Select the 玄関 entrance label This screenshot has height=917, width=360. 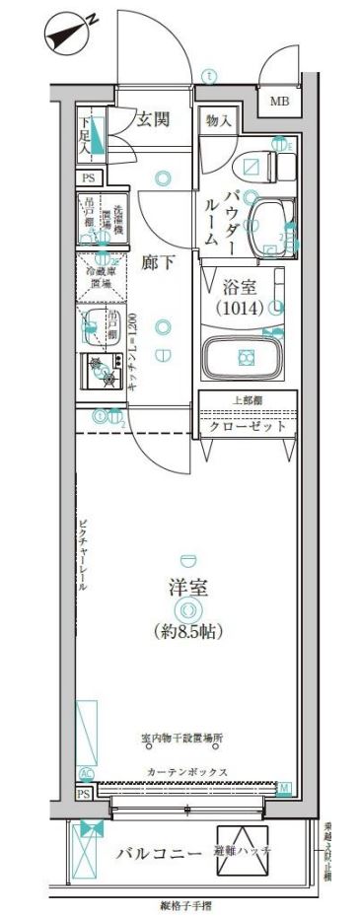(153, 119)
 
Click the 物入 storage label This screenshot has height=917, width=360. (219, 120)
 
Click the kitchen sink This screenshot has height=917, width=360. (98, 322)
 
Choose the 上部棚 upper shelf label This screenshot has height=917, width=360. (248, 399)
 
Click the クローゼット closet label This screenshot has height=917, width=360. (248, 427)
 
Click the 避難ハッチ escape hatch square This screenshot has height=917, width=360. (243, 849)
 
